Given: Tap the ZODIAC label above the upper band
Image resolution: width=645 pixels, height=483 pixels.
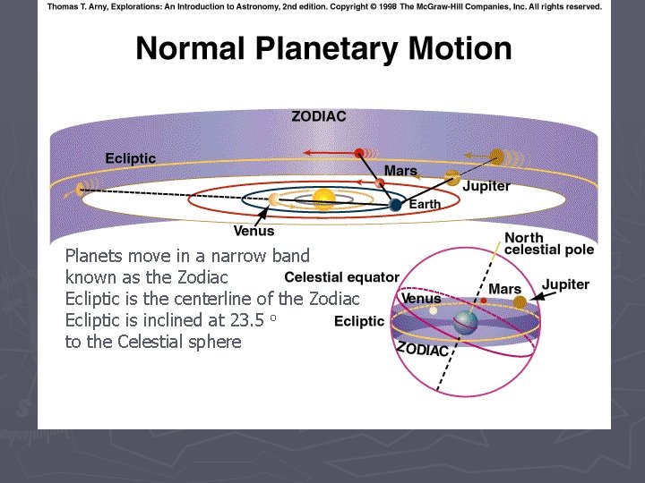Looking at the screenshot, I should [319, 116].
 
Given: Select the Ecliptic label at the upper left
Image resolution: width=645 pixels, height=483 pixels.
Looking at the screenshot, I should [130, 158].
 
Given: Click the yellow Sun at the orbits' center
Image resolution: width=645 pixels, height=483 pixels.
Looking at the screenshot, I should [323, 199].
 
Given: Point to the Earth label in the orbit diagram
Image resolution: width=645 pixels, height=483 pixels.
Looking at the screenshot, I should [425, 205].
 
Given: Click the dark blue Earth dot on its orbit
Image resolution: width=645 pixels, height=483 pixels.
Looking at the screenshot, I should [395, 205].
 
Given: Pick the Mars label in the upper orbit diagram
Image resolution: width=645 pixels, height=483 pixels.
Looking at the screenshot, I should [400, 171].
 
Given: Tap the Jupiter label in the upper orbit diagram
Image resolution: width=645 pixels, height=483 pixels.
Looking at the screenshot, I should [486, 186].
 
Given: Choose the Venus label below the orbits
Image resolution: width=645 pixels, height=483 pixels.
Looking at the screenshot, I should [254, 232].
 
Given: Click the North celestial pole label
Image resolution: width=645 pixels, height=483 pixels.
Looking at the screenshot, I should [548, 243].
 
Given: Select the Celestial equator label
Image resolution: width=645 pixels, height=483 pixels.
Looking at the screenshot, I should [341, 278].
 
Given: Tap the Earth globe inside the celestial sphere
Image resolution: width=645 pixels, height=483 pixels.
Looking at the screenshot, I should [465, 323].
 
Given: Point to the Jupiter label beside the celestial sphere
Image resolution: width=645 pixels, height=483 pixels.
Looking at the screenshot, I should [565, 284].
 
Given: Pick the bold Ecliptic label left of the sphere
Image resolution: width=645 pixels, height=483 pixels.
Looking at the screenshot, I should [359, 321].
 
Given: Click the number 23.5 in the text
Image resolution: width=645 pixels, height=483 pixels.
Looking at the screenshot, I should [245, 320].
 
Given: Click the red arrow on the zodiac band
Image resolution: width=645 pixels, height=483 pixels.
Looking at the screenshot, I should [326, 153].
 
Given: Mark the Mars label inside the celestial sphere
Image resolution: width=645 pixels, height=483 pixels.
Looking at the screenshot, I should [504, 289].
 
